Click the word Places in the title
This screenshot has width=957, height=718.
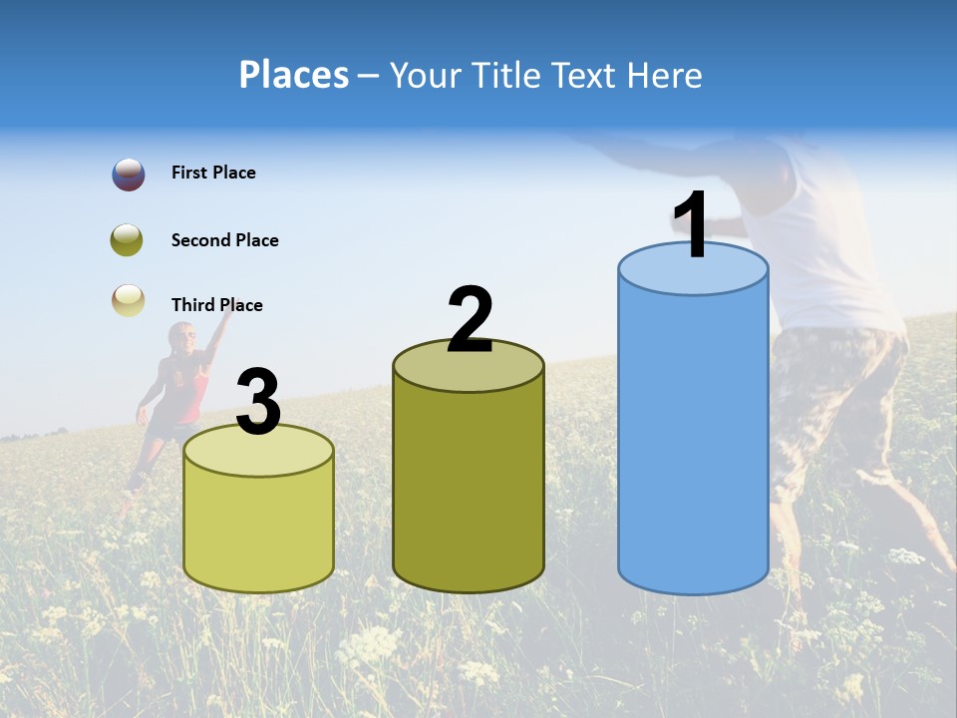pyautogui.click(x=294, y=75)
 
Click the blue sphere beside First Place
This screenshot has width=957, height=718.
pyautogui.click(x=129, y=175)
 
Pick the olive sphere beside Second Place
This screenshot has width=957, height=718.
pyautogui.click(x=127, y=240)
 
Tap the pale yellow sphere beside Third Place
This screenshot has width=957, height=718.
pyautogui.click(x=129, y=301)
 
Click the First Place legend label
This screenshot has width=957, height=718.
pyautogui.click(x=213, y=173)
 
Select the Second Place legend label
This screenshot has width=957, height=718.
pyautogui.click(x=224, y=240)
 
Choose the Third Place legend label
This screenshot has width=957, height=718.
pyautogui.click(x=216, y=305)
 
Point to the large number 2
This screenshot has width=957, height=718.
pyautogui.click(x=470, y=320)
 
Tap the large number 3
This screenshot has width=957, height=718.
pyautogui.click(x=258, y=402)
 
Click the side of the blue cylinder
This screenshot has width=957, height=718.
pyautogui.click(x=693, y=439)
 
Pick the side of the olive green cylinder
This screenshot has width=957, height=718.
pyautogui.click(x=469, y=489)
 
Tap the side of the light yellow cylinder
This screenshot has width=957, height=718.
pyautogui.click(x=258, y=529)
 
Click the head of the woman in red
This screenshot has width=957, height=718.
pyautogui.click(x=181, y=338)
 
